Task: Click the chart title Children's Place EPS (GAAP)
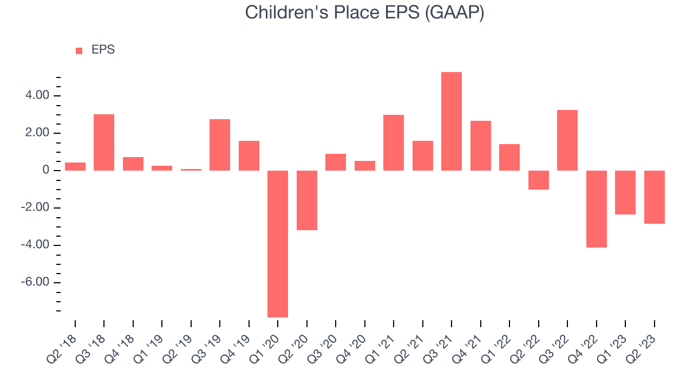(x=364, y=13)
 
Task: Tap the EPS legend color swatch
(x=79, y=51)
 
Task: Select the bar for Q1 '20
(x=278, y=244)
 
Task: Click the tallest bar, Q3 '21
(x=452, y=121)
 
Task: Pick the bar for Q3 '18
(x=104, y=142)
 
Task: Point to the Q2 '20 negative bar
(x=307, y=200)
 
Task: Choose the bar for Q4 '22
(x=597, y=209)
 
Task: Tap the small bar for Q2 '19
(x=191, y=170)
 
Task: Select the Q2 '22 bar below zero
(x=539, y=180)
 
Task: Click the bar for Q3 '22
(x=567, y=140)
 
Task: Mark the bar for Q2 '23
(x=655, y=197)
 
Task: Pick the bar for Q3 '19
(x=220, y=145)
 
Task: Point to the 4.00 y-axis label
(x=37, y=95)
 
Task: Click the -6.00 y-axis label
(x=35, y=282)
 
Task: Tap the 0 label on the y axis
(x=46, y=170)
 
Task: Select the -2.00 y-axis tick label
(x=35, y=207)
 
